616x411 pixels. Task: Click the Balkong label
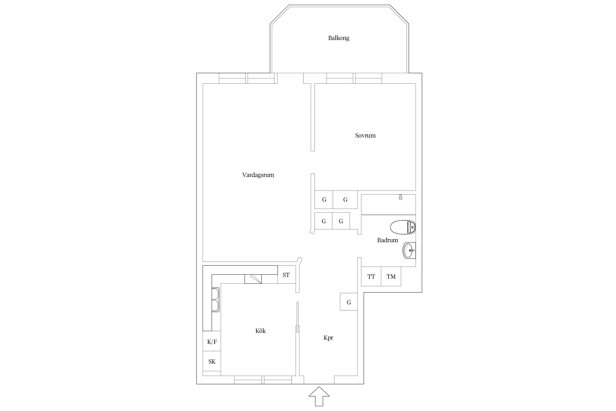pos(339,38)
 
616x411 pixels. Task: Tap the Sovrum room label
pos(365,135)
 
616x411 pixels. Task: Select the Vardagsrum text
pos(258,175)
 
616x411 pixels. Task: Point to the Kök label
pos(260,331)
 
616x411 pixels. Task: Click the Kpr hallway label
pos(328,338)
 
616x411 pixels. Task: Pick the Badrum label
pos(387,240)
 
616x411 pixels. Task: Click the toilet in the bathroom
pos(403,227)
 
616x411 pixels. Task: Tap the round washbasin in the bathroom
pos(409,250)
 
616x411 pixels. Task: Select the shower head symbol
pos(400,197)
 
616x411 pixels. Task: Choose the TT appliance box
pos(371,276)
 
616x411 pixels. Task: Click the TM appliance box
pos(391,276)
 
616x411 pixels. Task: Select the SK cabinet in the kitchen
pos(212,361)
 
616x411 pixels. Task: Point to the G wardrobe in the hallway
pos(349,302)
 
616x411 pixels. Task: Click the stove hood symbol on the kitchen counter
pos(253,279)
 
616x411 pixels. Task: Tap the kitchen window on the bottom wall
pos(263,380)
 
